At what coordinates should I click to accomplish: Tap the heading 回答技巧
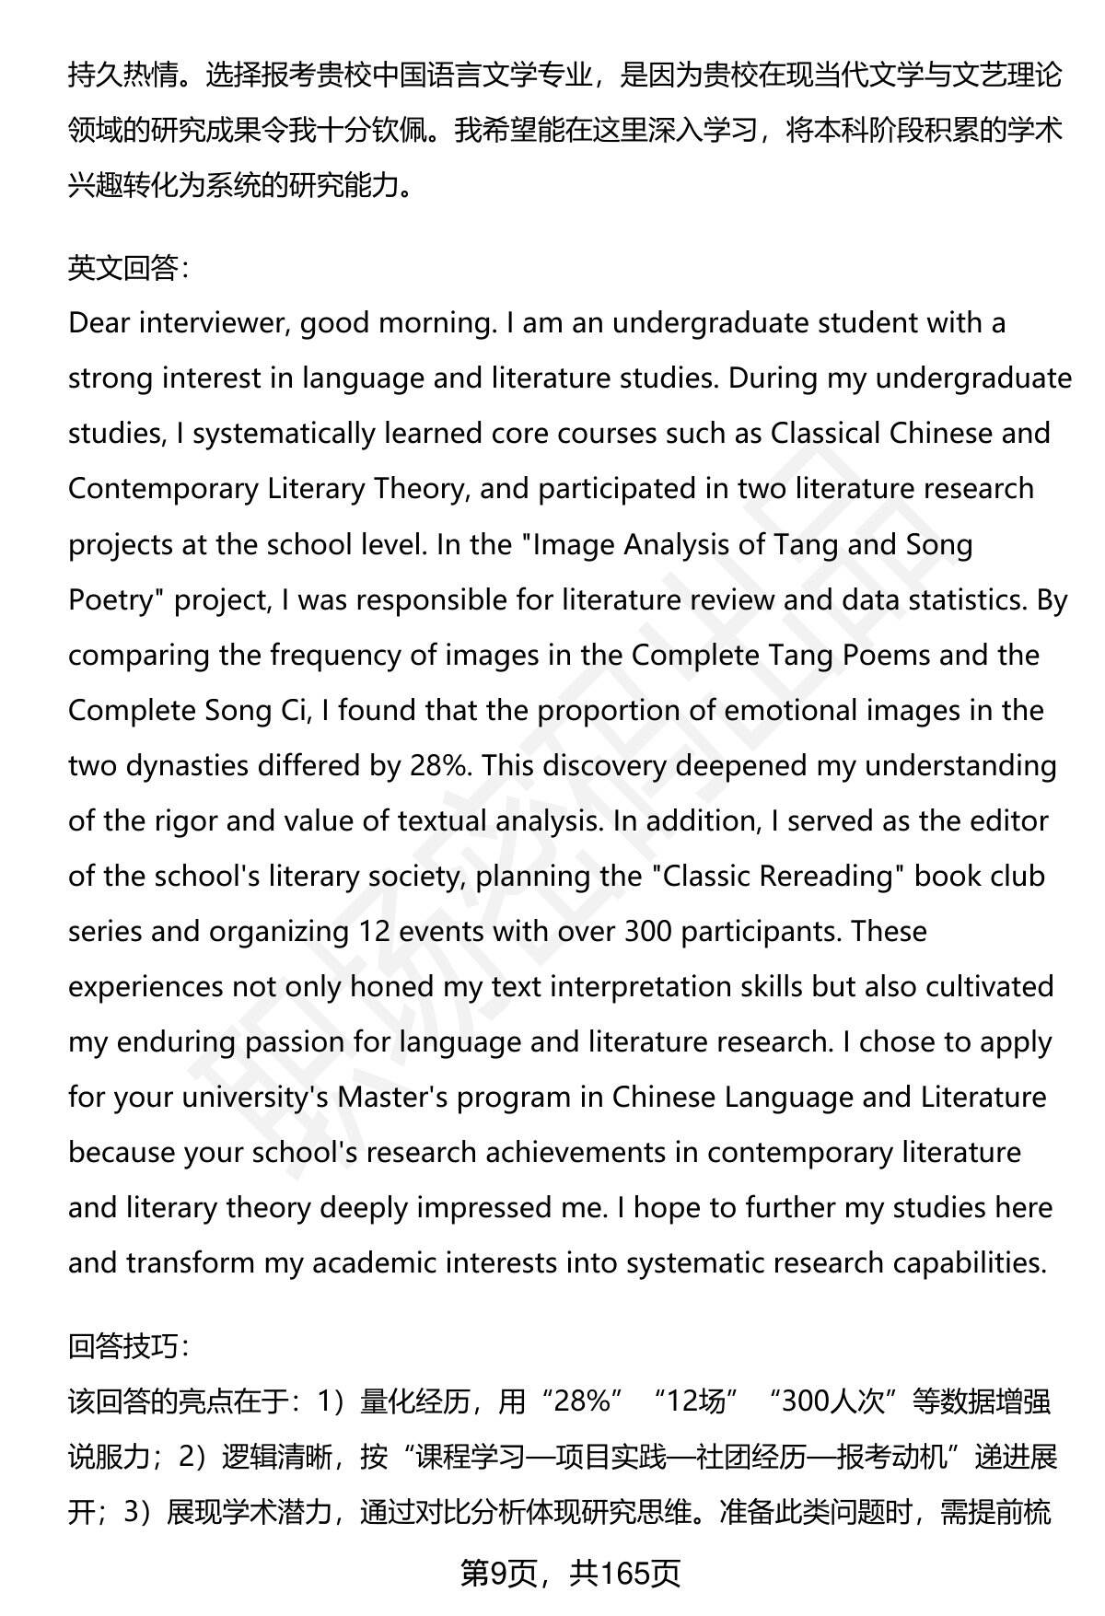click(x=128, y=1347)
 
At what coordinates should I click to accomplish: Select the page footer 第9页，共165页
click(x=570, y=1574)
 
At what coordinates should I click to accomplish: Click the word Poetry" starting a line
click(x=116, y=600)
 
